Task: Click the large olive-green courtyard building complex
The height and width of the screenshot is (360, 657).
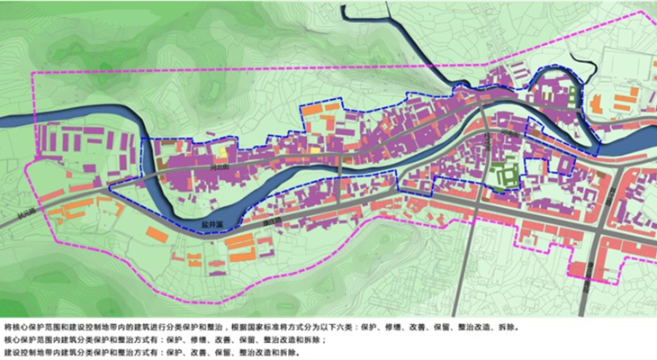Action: [x=505, y=170]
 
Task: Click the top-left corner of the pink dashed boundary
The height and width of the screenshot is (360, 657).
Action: [x=33, y=71]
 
